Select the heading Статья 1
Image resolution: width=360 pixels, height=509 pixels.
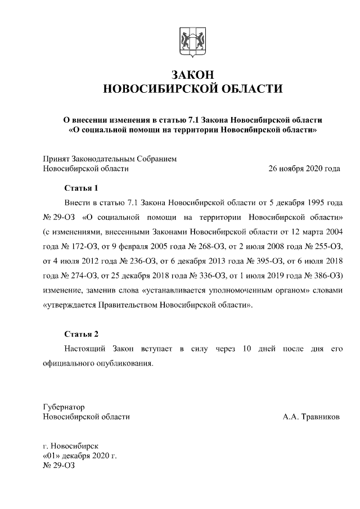click(81, 187)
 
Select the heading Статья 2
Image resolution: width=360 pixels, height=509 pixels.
click(81, 335)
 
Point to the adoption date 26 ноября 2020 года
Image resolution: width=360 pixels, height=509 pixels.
click(304, 168)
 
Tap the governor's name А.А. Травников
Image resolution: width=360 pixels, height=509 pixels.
click(311, 417)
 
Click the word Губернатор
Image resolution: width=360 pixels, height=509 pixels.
click(63, 407)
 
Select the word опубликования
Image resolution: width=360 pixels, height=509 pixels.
click(124, 364)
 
